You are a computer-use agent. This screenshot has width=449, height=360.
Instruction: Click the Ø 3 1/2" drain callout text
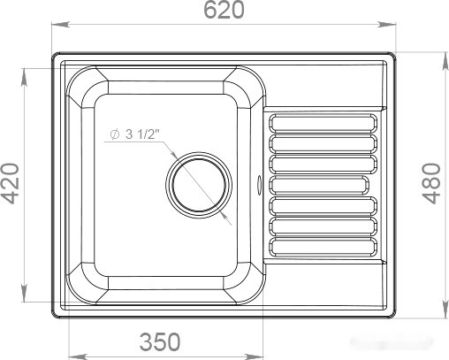pyautogui.click(x=137, y=135)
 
